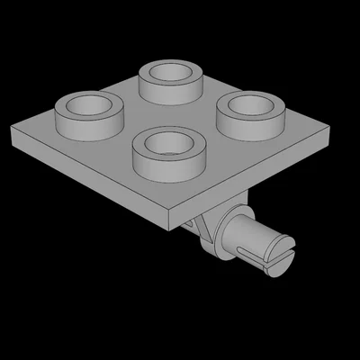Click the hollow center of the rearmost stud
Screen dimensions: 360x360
170,71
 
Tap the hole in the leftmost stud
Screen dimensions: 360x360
87,105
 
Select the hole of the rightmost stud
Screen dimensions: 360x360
249,105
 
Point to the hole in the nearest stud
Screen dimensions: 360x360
166,141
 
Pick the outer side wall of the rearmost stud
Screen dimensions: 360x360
169,91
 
